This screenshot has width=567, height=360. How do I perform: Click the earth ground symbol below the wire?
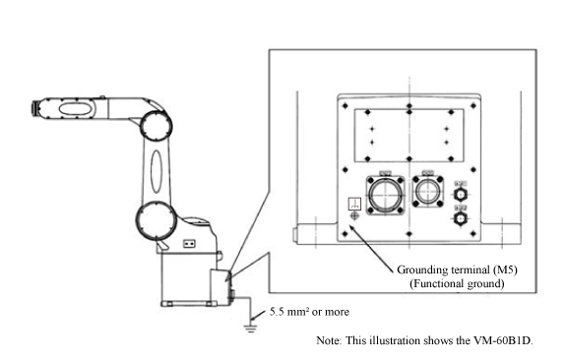pos(250,329)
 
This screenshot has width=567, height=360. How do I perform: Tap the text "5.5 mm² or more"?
pos(309,312)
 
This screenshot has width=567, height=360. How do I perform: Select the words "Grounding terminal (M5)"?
pos(457,270)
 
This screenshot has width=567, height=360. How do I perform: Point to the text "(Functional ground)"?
pos(457,283)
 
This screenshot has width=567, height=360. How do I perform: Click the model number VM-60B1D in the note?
pos(503,340)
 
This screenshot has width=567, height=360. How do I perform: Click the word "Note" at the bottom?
pos(328,340)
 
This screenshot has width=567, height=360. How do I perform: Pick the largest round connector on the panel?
pos(386,195)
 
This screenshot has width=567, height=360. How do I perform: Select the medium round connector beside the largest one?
pos(428,192)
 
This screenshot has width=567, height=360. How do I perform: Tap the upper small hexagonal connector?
pos(461,195)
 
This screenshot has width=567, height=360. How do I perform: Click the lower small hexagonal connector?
pos(461,218)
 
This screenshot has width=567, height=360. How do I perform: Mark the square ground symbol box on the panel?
pos(354,204)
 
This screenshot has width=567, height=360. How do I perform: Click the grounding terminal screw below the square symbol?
pos(354,216)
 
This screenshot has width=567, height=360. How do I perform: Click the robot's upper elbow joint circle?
pos(157,126)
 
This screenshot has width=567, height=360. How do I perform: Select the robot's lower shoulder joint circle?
pos(157,220)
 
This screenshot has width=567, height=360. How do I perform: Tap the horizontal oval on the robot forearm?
pos(75,109)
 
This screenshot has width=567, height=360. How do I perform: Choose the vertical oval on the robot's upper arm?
pos(157,171)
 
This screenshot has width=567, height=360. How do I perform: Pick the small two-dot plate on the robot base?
pos(189,244)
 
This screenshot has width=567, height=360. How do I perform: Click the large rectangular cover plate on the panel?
pos(409,136)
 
